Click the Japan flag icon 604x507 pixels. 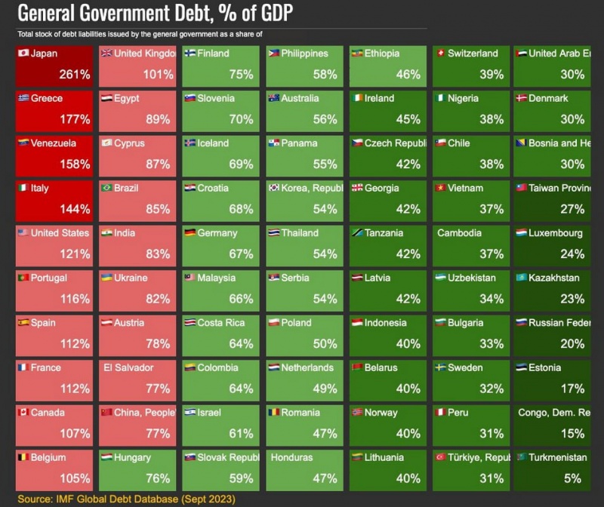23,54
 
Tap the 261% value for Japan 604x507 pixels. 74,75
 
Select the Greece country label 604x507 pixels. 47,99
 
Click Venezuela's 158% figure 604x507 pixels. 74,164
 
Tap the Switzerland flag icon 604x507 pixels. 439,54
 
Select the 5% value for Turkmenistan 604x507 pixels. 574,478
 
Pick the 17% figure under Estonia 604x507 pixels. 572,389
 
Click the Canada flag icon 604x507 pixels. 23,413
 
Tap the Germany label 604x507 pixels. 217,233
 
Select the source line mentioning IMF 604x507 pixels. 126,499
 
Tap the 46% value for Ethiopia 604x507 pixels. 408,75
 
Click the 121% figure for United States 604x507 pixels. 74,254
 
